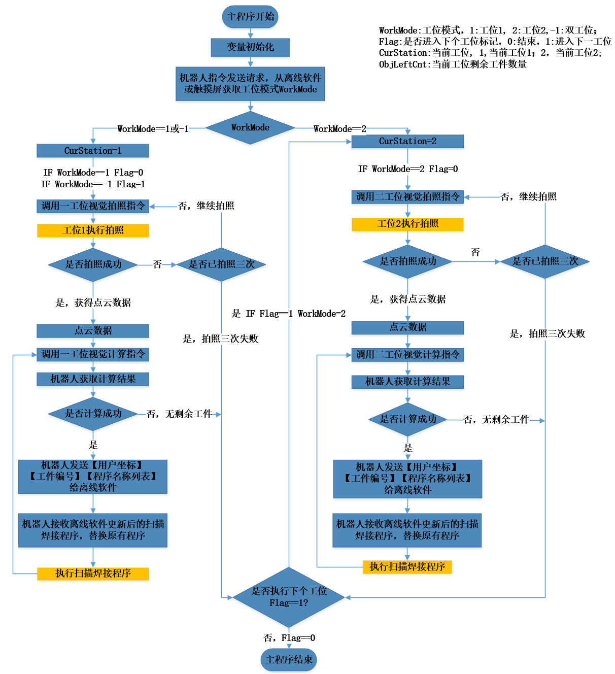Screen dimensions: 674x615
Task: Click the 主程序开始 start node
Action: (250, 17)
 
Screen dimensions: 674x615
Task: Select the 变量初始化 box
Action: (250, 47)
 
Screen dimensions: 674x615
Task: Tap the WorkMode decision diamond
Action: (250, 127)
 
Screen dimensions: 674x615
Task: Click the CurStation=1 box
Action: (93, 151)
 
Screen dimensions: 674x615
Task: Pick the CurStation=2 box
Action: (407, 141)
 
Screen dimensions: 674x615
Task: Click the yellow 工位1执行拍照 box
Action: (93, 230)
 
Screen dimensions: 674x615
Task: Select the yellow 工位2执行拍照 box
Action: (407, 224)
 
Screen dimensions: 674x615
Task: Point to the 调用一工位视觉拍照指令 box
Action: (93, 206)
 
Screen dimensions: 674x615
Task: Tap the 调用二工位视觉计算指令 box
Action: (407, 355)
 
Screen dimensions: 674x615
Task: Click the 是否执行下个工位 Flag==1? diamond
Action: (289, 597)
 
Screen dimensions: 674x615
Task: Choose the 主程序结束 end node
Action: (289, 660)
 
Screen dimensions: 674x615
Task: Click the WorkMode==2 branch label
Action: (339, 129)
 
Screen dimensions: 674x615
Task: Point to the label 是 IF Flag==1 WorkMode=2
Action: (289, 314)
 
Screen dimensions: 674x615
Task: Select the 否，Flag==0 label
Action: (289, 638)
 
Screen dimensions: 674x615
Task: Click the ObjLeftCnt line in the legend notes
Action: (453, 64)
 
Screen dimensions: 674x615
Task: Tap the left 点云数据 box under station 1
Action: (93, 331)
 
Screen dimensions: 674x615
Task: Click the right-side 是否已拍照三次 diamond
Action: (545, 261)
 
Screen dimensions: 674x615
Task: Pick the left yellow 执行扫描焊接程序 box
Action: (93, 574)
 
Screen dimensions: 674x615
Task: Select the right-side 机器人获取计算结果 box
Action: (407, 382)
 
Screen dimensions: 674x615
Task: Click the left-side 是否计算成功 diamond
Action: (93, 414)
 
